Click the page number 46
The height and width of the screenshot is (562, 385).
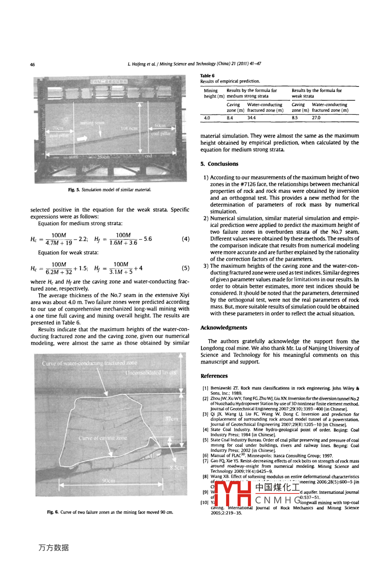point(32,64)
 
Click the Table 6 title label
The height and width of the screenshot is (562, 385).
point(207,76)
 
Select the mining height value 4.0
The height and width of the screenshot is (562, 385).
point(207,118)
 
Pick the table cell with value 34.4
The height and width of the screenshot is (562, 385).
point(252,118)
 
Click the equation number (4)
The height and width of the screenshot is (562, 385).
point(186,238)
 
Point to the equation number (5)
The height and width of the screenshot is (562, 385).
point(186,268)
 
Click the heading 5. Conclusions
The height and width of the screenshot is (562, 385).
point(219,164)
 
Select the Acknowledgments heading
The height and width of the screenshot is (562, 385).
point(224,327)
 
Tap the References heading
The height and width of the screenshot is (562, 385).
point(214,376)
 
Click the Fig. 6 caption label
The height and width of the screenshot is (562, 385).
point(54,512)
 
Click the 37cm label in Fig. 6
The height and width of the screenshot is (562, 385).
point(172,419)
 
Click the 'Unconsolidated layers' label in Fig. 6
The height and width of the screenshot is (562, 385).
point(150,373)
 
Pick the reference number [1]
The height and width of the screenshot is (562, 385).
point(205,388)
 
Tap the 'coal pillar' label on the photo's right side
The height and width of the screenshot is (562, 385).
point(161,134)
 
